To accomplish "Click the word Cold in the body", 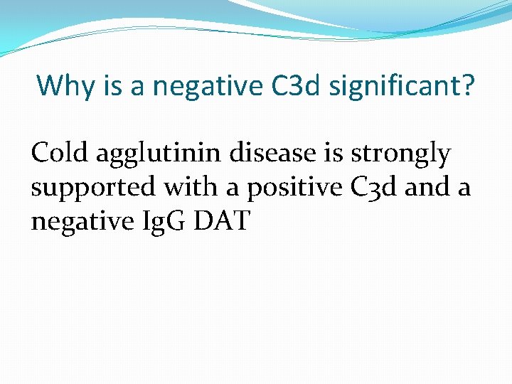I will tap(60, 153).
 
